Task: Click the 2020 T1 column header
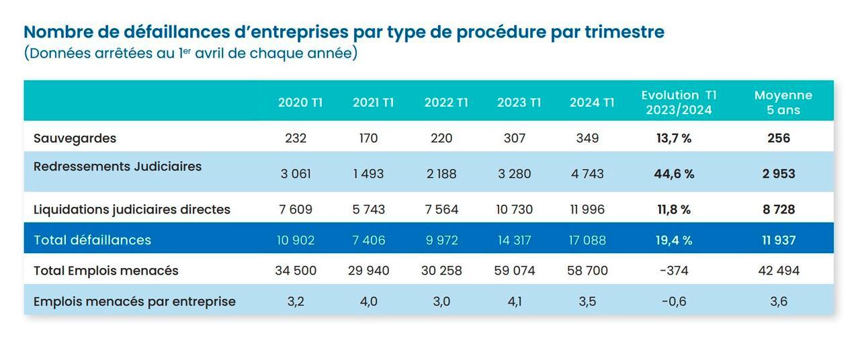click(x=300, y=103)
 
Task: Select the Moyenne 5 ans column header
click(x=783, y=102)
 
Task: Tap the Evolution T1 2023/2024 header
click(x=679, y=102)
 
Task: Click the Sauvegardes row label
click(x=75, y=138)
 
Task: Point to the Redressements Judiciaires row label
click(x=118, y=167)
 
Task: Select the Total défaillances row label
click(x=92, y=240)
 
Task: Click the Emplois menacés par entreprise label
click(x=134, y=302)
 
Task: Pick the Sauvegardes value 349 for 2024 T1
click(x=587, y=138)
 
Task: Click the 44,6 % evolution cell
click(x=674, y=174)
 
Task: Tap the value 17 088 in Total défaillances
click(x=587, y=240)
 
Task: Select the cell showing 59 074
click(x=515, y=271)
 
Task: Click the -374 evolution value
click(x=674, y=271)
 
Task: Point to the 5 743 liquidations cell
click(x=369, y=210)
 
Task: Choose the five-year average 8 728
click(x=779, y=210)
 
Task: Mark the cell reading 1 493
click(x=369, y=174)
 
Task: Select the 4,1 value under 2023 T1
click(x=515, y=302)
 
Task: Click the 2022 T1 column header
click(x=446, y=103)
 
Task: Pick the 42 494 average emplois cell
click(x=779, y=271)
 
